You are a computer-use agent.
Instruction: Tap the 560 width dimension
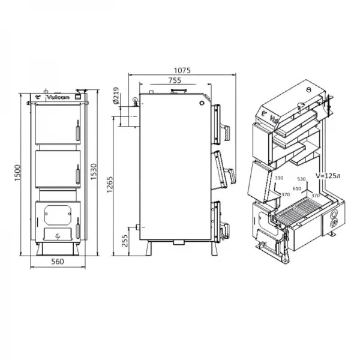click(x=58, y=262)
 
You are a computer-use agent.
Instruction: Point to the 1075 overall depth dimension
click(x=180, y=70)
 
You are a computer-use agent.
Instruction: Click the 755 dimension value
click(x=175, y=80)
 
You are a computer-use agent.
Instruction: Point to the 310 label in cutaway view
click(x=278, y=178)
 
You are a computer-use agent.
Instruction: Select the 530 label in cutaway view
click(x=301, y=179)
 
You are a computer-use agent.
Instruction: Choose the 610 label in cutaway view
click(x=296, y=188)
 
